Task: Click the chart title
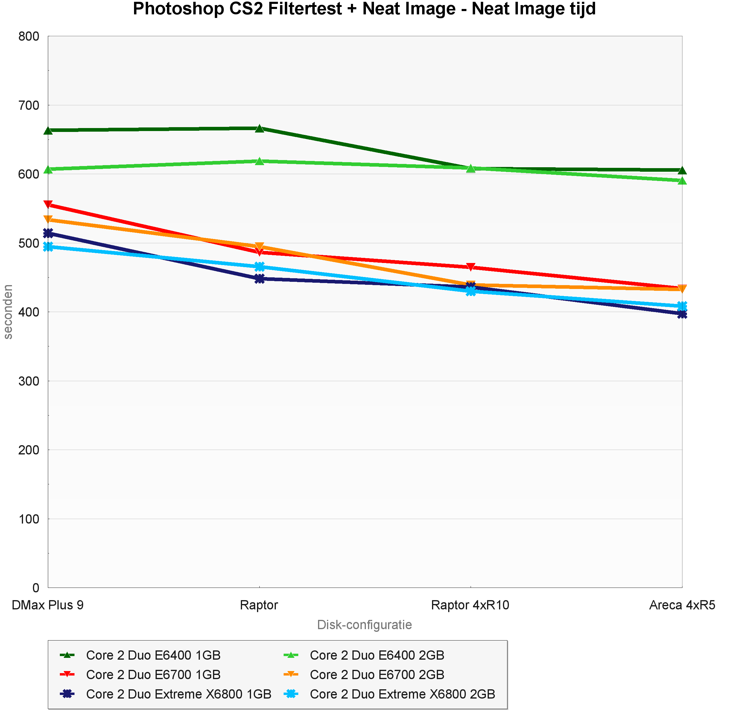tap(364, 9)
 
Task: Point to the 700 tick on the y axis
tap(29, 105)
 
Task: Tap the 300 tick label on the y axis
tap(29, 381)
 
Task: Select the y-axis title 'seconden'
tap(8, 312)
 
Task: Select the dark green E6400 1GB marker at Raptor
tap(259, 129)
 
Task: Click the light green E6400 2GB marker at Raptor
tap(259, 161)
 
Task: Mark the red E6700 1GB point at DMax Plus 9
tap(48, 205)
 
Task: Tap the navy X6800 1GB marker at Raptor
tap(259, 279)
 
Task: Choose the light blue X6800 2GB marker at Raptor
tap(259, 267)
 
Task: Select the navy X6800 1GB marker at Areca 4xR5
tap(682, 314)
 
